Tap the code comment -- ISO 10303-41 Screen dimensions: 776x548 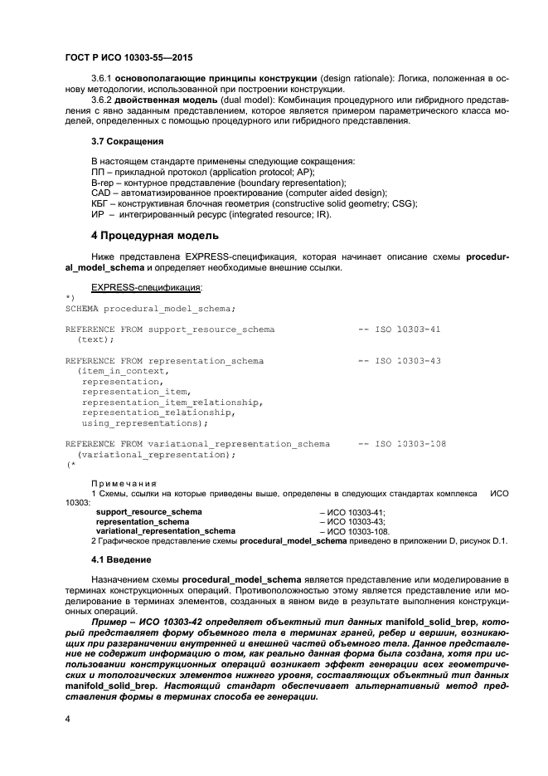399,329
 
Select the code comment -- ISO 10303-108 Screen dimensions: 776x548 401,444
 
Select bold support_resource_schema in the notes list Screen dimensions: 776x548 148,512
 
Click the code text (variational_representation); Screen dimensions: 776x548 156,455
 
